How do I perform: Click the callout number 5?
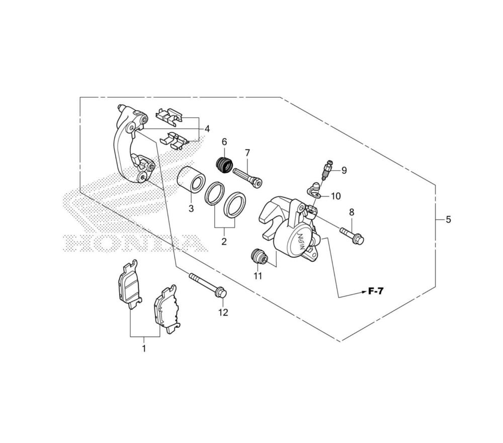click(448, 219)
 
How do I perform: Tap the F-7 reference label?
click(376, 291)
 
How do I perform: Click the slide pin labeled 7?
click(247, 177)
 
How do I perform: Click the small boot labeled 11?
click(259, 257)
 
